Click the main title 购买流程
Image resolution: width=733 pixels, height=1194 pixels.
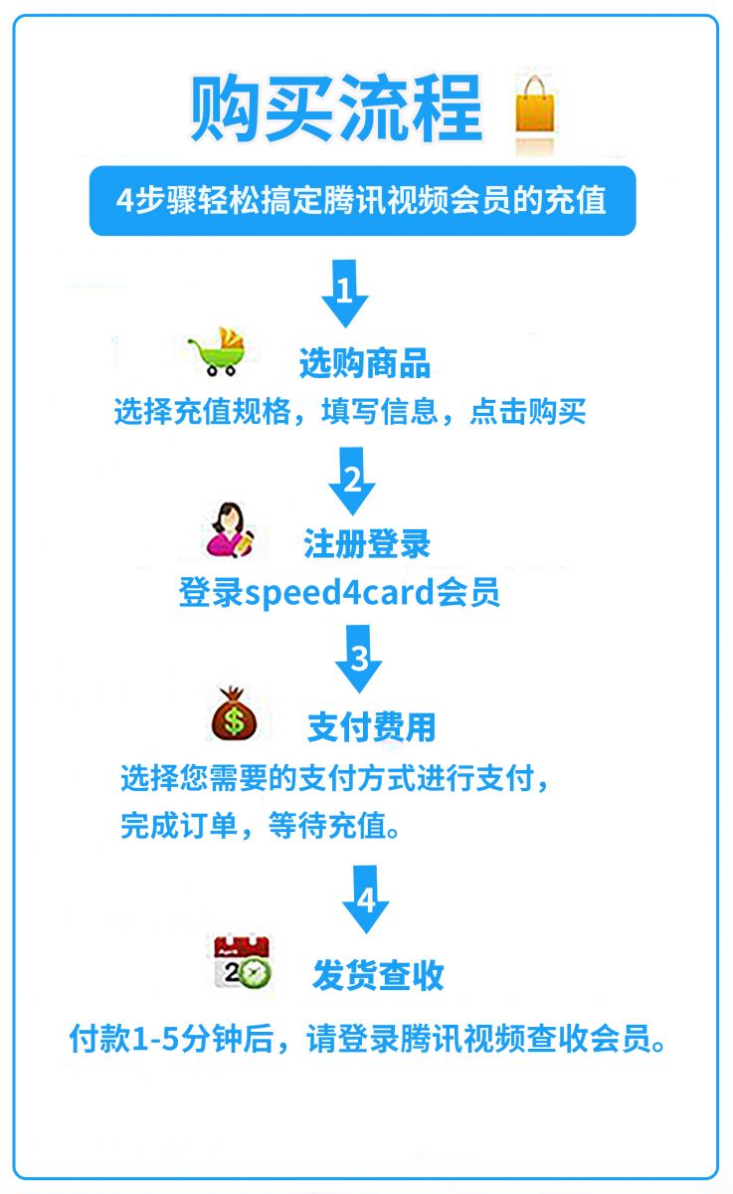337,108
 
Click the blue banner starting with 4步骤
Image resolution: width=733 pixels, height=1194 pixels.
362,200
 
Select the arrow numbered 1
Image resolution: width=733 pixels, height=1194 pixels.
345,294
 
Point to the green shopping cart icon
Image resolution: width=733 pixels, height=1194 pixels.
218,352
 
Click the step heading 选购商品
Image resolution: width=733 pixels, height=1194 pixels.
365,363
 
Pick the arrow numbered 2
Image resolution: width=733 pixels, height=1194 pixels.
352,481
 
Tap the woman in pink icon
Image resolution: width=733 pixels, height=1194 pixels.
230,530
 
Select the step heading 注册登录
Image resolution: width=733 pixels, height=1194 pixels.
367,543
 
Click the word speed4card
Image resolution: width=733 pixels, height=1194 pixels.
340,593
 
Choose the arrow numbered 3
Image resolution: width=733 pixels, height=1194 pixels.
358,659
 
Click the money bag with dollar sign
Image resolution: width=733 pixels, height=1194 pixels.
234,713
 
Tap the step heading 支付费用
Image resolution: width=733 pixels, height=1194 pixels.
371,726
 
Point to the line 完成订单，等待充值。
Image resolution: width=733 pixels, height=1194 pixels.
261,826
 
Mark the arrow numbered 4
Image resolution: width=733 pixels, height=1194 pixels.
365,899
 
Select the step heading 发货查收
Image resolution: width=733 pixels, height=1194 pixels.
378,975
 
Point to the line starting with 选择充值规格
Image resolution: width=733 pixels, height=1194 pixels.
350,411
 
